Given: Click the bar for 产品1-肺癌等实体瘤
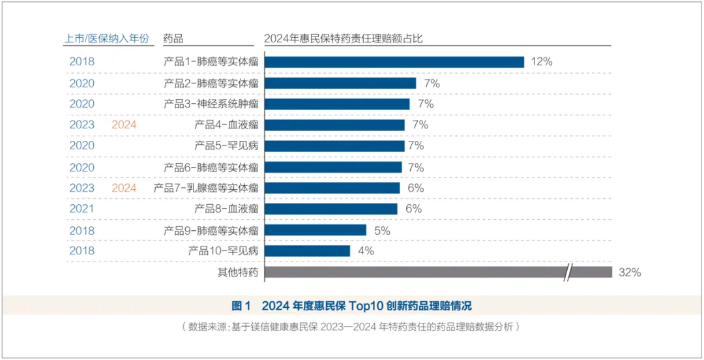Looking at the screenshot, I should (x=394, y=62).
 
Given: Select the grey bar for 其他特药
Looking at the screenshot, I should (x=417, y=272).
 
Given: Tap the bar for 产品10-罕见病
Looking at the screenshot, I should (x=307, y=250).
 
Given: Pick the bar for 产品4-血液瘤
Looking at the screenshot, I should (x=334, y=125).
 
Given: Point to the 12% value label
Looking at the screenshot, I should (x=542, y=62).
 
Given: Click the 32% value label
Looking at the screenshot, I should (x=630, y=273).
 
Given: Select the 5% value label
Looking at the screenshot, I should (x=382, y=230).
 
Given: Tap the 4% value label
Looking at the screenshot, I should (x=366, y=251).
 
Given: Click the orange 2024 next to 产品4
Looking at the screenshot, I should (x=124, y=125).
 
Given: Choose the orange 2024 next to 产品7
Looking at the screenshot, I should (x=124, y=188).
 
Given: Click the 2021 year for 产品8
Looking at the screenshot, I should (x=82, y=209).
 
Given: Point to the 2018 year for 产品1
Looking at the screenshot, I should (x=82, y=62).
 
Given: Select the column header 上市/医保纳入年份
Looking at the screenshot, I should (x=107, y=38).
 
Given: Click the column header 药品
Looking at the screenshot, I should (x=173, y=38).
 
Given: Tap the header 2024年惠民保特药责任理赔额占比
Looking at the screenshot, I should (x=344, y=38).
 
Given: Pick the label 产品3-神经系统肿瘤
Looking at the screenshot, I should (x=211, y=104).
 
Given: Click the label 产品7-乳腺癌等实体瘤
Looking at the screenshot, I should (x=206, y=188).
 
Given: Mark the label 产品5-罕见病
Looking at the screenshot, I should (x=226, y=145).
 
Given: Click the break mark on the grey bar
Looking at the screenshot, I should (x=569, y=272).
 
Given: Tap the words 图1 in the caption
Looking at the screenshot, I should (x=241, y=306).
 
